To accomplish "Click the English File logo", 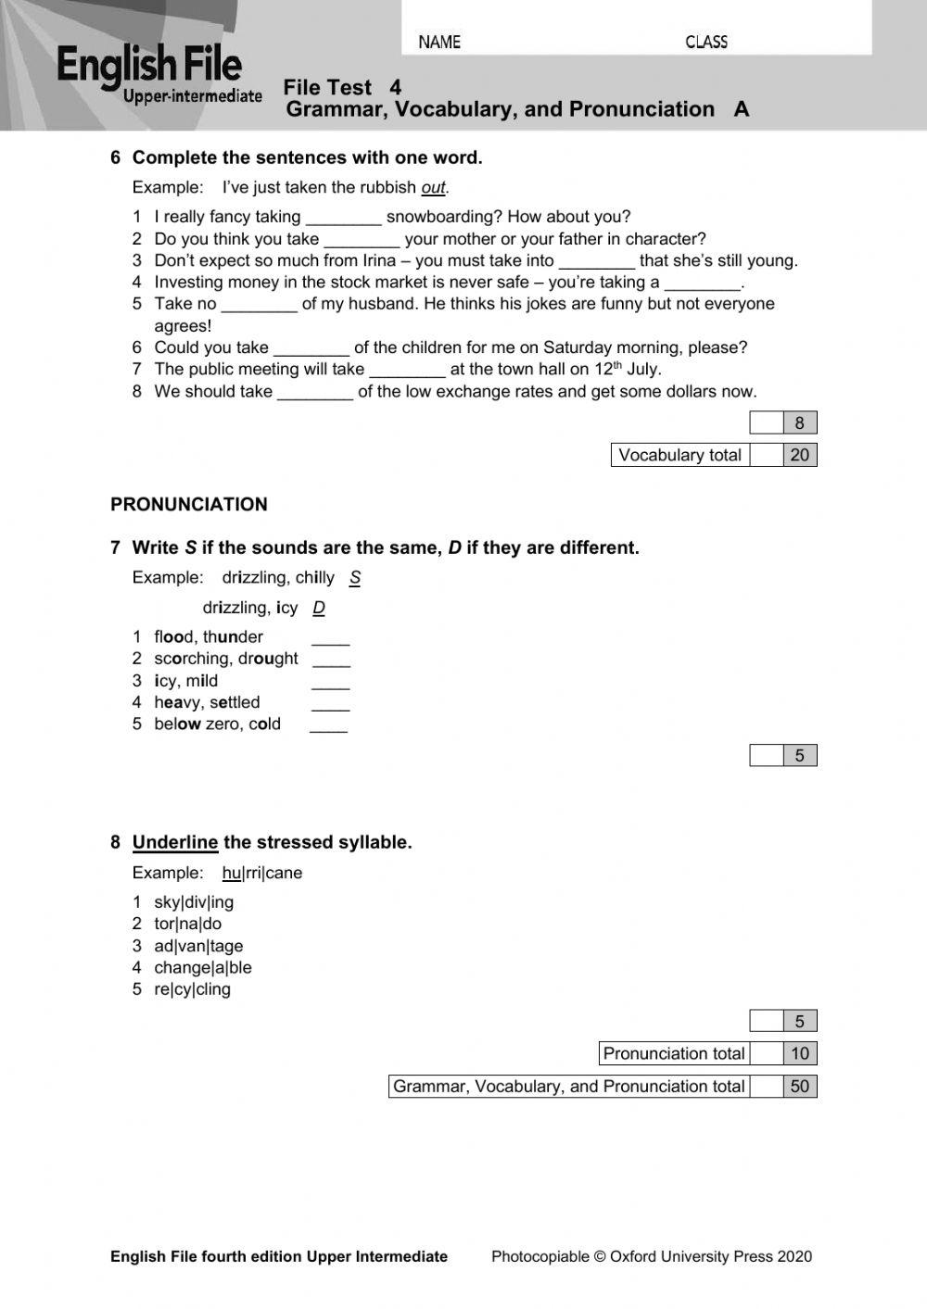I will point(158,74).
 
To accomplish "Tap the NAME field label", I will point(439,42).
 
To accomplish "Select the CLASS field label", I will point(706,42).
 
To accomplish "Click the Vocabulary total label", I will point(679,455).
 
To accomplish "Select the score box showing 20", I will point(800,455).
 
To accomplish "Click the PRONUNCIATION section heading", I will point(188,504).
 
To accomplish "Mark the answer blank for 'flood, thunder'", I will point(330,638).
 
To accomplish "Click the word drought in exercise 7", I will point(268,659).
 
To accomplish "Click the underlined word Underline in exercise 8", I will point(174,842).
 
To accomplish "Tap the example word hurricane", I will point(262,873).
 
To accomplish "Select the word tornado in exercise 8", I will point(187,924).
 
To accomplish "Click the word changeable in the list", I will point(202,967).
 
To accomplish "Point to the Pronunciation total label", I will point(674,1053).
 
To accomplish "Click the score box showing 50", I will point(800,1087).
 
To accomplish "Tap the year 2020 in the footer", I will point(794,1256).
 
